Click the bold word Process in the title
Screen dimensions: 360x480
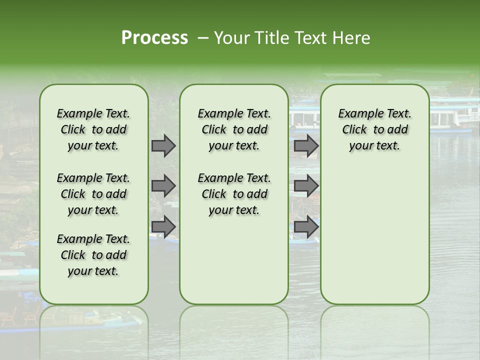(154, 38)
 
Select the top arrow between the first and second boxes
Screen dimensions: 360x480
(163, 146)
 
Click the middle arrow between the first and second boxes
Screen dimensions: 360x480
(163, 186)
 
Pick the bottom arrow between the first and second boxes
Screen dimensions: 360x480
(163, 226)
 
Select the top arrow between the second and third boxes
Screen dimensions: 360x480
(306, 146)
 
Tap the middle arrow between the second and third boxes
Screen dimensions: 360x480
(306, 186)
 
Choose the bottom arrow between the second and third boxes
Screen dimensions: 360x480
(306, 226)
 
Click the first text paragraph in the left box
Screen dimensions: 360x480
(93, 129)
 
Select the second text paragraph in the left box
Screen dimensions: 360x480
(93, 194)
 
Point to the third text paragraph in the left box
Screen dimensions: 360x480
(93, 255)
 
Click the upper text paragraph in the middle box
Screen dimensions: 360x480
(234, 129)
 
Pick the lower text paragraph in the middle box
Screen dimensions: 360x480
(234, 194)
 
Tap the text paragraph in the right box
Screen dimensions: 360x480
(375, 129)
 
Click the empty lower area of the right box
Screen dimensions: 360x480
(375, 235)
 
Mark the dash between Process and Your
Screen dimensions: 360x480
(203, 38)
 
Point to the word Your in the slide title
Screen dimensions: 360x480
(231, 38)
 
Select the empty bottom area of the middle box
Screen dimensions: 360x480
(234, 265)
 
